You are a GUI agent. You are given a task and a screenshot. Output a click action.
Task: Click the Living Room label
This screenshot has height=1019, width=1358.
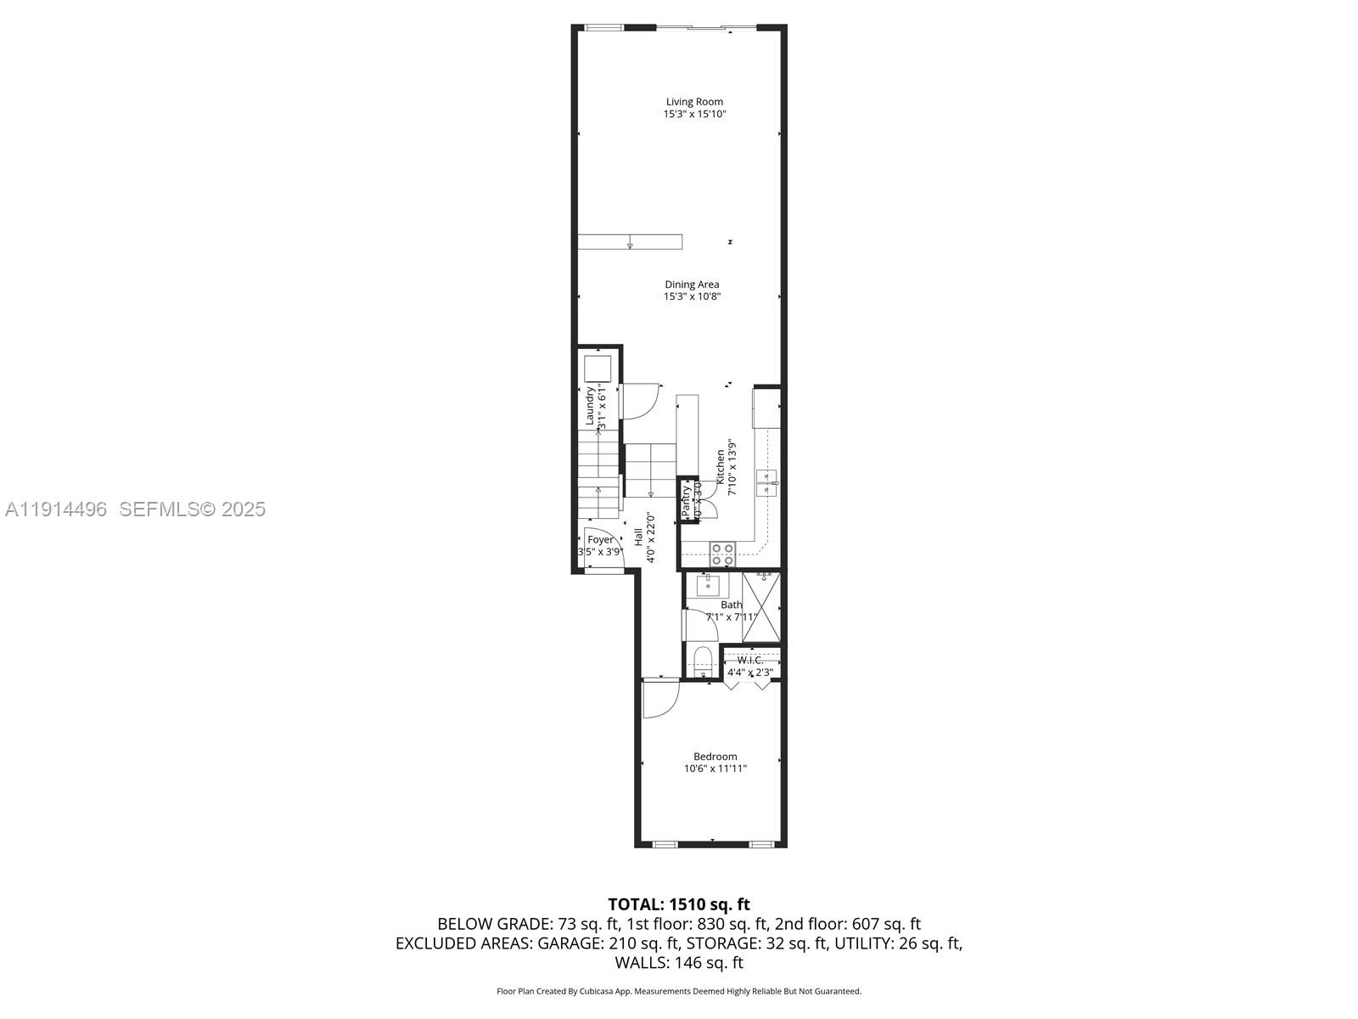(694, 102)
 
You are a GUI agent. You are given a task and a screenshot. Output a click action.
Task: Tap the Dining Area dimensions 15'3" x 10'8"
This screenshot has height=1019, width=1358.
(692, 296)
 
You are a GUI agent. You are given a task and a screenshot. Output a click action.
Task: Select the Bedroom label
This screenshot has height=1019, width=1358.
(715, 757)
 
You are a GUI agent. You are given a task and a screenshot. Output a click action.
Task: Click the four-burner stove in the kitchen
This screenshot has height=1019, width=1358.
(722, 555)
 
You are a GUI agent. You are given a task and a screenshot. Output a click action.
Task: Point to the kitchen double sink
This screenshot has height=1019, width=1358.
(768, 481)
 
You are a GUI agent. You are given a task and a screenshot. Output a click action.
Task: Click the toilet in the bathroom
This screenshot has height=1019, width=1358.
(702, 661)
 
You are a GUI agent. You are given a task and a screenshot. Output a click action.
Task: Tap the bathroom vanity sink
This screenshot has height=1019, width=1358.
(708, 585)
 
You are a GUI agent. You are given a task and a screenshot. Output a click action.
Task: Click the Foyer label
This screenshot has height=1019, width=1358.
(600, 540)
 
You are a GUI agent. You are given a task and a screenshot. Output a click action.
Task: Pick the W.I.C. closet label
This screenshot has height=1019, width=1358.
(749, 660)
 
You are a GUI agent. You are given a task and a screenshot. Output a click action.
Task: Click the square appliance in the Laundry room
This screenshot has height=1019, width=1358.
(598, 369)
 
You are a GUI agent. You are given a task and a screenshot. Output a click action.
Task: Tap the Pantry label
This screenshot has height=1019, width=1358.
(686, 501)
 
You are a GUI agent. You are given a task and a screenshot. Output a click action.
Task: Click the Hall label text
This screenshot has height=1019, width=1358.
(638, 537)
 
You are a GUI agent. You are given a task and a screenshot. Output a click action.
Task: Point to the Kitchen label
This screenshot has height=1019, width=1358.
(721, 467)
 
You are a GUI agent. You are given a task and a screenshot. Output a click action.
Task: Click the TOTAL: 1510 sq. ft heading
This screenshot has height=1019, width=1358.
(678, 904)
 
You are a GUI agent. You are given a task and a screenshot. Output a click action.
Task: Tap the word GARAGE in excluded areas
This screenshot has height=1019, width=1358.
(568, 943)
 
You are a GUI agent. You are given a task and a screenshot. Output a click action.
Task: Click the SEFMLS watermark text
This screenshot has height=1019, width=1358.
(192, 509)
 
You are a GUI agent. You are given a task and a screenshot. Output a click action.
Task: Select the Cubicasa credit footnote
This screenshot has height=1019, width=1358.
(678, 991)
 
